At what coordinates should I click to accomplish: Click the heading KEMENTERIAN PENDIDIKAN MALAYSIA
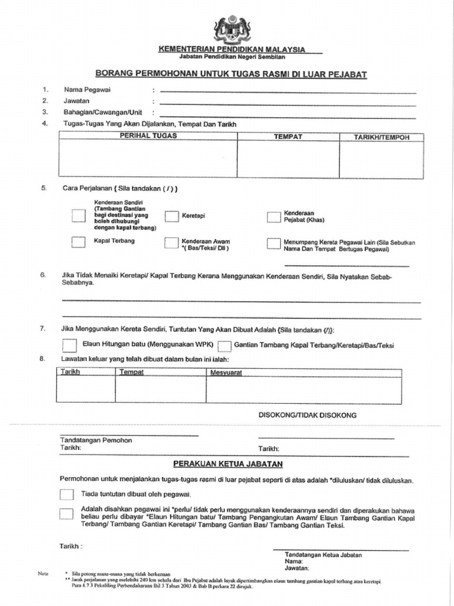[232, 49]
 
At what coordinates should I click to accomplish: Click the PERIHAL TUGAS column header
[148, 136]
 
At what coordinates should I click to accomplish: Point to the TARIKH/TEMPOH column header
[381, 137]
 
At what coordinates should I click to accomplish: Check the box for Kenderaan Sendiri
[79, 215]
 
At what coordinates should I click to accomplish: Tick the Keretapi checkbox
[171, 216]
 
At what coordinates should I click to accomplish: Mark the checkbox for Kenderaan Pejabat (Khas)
[273, 217]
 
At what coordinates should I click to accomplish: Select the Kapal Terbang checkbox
[79, 242]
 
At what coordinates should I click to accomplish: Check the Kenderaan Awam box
[171, 243]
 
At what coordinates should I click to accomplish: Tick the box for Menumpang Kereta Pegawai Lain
[273, 243]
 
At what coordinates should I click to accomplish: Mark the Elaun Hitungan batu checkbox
[70, 344]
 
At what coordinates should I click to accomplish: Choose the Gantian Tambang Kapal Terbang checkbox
[224, 346]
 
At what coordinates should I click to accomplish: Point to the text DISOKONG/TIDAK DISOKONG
[307, 415]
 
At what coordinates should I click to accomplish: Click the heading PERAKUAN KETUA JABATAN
[228, 464]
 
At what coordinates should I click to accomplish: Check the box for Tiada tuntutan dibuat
[66, 494]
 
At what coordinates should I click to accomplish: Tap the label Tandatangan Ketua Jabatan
[323, 555]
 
